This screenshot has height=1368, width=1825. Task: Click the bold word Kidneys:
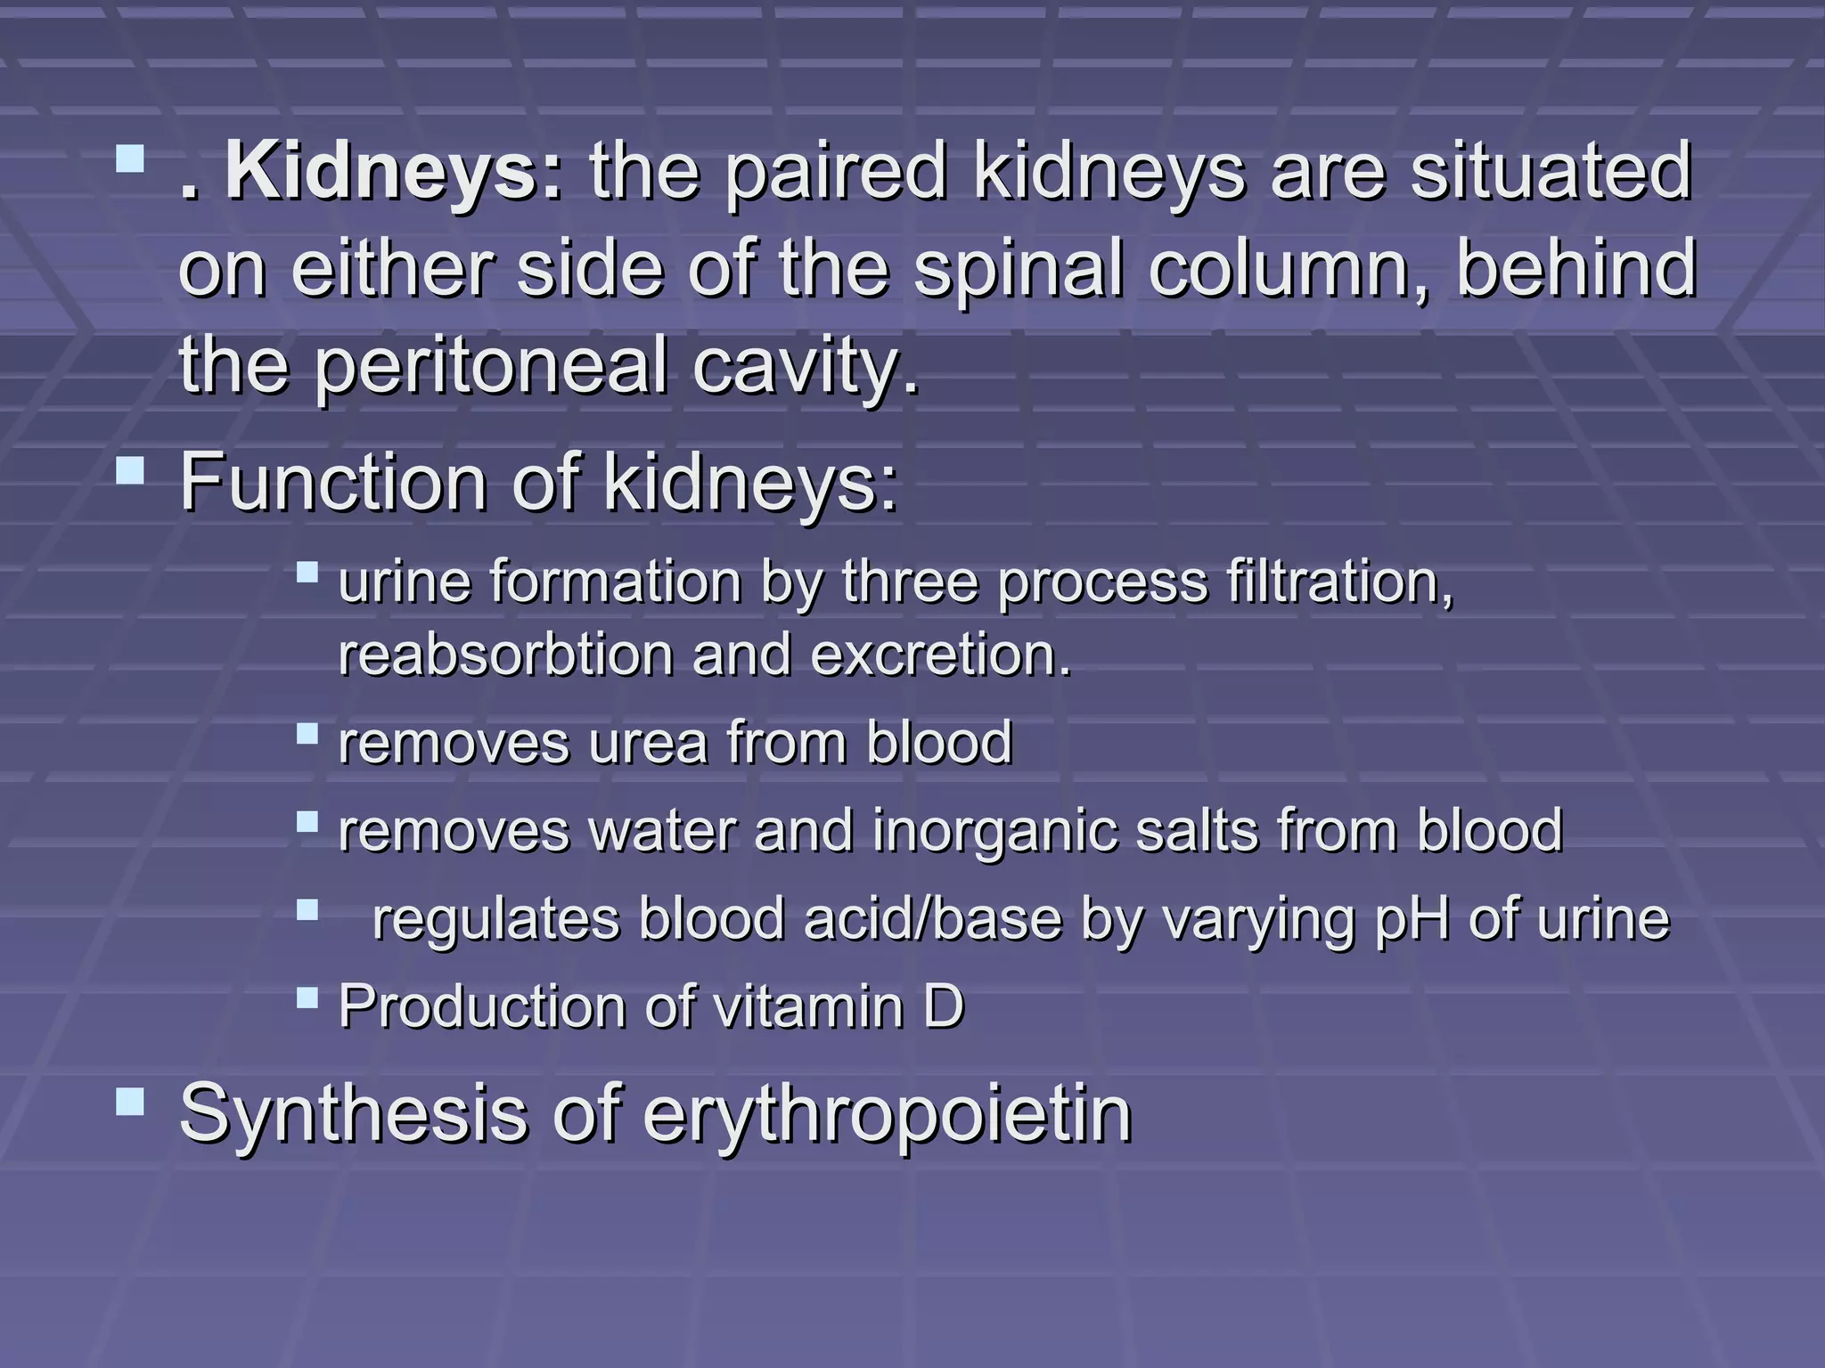[393, 171]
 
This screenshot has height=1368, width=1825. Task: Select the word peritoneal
[489, 367]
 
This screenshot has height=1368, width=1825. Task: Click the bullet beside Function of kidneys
[130, 469]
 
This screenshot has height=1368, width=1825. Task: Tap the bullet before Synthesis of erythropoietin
[130, 1103]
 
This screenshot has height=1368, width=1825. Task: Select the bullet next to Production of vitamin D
[307, 996]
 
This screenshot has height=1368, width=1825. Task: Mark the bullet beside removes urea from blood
[307, 733]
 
